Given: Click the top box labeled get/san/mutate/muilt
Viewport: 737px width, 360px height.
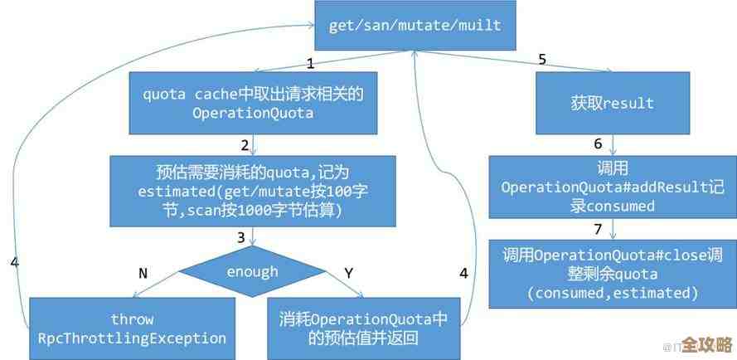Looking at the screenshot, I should pyautogui.click(x=415, y=25).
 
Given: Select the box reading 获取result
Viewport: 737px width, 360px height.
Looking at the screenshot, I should pyautogui.click(x=612, y=104).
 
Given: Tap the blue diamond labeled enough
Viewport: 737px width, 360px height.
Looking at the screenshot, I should pyautogui.click(x=252, y=271).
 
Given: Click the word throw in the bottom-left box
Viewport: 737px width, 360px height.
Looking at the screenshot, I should pyautogui.click(x=133, y=319).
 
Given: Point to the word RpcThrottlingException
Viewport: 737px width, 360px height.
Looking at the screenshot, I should pyautogui.click(x=133, y=338).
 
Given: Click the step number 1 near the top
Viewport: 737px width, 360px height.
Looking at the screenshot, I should pyautogui.click(x=310, y=63).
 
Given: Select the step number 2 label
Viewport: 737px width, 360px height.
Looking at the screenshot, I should pyautogui.click(x=245, y=145).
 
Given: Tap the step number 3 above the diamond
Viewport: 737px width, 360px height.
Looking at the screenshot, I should pyautogui.click(x=240, y=237).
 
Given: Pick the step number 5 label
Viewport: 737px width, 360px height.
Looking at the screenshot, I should pyautogui.click(x=542, y=59).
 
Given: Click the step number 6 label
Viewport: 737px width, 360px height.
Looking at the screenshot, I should pyautogui.click(x=598, y=144).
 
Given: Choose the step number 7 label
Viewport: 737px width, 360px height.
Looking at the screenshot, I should pyautogui.click(x=598, y=228).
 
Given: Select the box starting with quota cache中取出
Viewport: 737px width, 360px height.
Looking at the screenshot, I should pyautogui.click(x=254, y=103).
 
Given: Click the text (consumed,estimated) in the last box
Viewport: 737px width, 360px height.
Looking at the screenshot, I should pyautogui.click(x=613, y=293).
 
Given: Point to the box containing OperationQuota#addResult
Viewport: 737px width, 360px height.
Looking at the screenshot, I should pyautogui.click(x=613, y=187).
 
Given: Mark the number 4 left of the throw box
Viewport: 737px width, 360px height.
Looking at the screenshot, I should pyautogui.click(x=14, y=262).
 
